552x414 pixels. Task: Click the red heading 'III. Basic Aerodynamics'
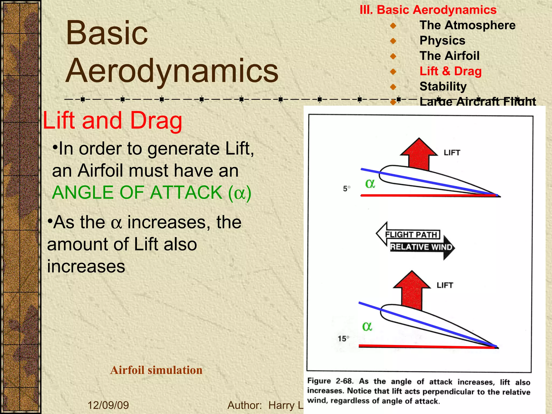pos(428,10)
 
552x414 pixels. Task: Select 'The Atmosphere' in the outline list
pos(467,25)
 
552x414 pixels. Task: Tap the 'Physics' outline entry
pos(442,41)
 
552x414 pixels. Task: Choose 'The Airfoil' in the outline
pos(449,56)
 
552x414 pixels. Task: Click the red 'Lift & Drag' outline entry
pos(450,71)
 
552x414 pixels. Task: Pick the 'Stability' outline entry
pos(443,87)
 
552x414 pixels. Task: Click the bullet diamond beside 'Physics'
pos(393,41)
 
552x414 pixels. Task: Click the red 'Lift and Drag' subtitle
pos(112,121)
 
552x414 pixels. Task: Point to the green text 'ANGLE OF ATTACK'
pos(137,193)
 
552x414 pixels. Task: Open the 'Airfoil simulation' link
pos(156,370)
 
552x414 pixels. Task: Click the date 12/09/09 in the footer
pos(108,405)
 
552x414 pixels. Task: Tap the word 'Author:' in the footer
pos(244,405)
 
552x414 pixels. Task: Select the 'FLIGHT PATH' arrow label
pos(411,234)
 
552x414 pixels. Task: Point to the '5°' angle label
pos(347,188)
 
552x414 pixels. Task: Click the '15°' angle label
pos(343,339)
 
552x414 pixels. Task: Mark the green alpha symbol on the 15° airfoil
pos(367,326)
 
